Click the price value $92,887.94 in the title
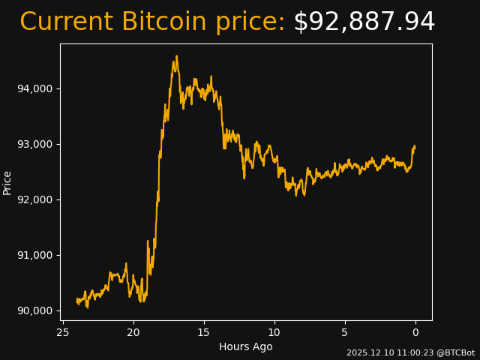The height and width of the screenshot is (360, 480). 364,22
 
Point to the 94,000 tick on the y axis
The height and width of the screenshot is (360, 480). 34,89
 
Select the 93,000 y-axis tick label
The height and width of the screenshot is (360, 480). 34,145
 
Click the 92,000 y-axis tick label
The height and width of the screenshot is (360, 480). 34,200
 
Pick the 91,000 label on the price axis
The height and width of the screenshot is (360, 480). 34,256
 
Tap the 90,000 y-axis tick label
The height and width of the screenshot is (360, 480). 34,311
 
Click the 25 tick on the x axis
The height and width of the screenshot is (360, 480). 63,332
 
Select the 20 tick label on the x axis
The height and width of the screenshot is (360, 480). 133,332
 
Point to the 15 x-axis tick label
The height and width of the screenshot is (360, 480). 204,332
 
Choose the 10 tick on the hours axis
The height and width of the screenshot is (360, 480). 274,332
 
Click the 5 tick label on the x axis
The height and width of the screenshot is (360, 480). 345,332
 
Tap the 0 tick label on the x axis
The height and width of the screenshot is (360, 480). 415,332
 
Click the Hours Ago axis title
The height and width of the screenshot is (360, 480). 246,346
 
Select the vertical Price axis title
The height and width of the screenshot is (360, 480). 7,182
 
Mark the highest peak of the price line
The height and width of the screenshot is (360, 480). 177,55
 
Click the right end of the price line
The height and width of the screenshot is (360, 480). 415,146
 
